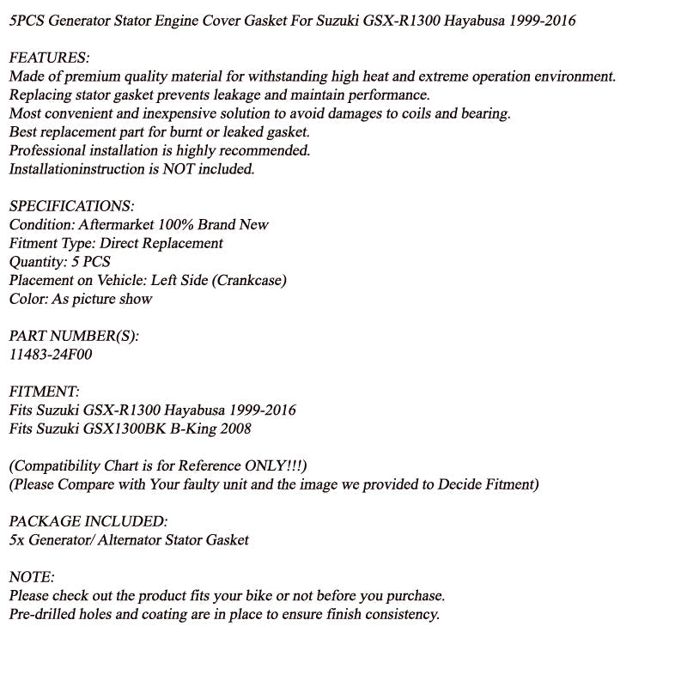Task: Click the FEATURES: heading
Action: point(49,58)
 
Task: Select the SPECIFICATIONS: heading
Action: point(71,206)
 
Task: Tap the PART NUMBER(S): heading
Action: point(73,336)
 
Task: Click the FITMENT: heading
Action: point(44,392)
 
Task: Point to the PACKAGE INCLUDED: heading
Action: point(88,521)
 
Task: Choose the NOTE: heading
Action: point(32,577)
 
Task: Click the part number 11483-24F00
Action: point(50,355)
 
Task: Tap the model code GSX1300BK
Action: point(119,429)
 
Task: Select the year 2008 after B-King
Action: point(234,429)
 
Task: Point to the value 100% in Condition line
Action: point(177,225)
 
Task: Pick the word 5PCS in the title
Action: point(28,20)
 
